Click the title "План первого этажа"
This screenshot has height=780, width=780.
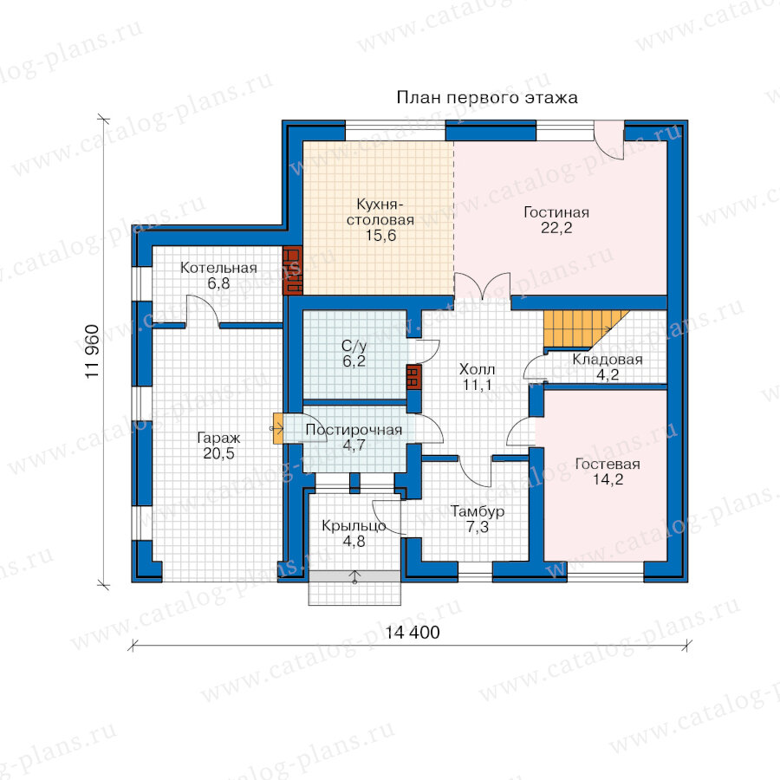pyautogui.click(x=487, y=98)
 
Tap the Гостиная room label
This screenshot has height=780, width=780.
pyautogui.click(x=556, y=212)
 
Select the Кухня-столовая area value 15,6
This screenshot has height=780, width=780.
pyautogui.click(x=380, y=235)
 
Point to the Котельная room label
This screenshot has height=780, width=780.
pyautogui.click(x=218, y=268)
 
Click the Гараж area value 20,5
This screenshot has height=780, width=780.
pyautogui.click(x=218, y=453)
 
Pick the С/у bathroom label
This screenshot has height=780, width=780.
pyautogui.click(x=354, y=346)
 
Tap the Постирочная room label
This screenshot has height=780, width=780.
pyautogui.click(x=354, y=430)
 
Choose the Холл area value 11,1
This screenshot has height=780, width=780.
pyautogui.click(x=478, y=385)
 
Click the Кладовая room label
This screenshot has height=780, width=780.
pyautogui.click(x=608, y=359)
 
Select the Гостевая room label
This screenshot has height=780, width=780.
pyautogui.click(x=608, y=465)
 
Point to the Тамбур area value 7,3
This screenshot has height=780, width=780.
pyautogui.click(x=478, y=527)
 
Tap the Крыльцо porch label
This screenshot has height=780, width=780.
pyautogui.click(x=354, y=526)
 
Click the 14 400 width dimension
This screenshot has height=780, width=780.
pyautogui.click(x=413, y=633)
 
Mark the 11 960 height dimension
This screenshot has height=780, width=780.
pyautogui.click(x=93, y=352)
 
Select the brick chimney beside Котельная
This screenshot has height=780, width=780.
pyautogui.click(x=293, y=270)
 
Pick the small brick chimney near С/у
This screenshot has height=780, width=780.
pyautogui.click(x=413, y=377)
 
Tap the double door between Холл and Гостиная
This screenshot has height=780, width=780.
pyautogui.click(x=483, y=285)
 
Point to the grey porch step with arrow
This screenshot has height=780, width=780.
pyautogui.click(x=354, y=576)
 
